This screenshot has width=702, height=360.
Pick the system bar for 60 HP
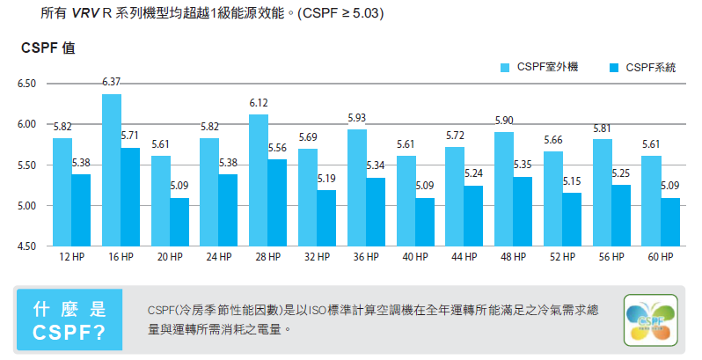coord(670,222)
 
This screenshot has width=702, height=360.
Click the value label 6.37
coord(112,82)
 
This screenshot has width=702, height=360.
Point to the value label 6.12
coord(259,103)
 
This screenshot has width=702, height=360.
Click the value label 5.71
coord(130,136)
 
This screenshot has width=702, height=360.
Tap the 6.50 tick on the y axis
coord(27,84)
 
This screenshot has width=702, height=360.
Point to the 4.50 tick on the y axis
coord(27,246)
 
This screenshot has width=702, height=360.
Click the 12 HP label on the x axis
coord(72,257)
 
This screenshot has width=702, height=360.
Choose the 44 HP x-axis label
coord(464,257)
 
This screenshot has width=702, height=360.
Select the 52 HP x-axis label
coord(562,257)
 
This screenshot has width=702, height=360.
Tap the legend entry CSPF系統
coord(650,68)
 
